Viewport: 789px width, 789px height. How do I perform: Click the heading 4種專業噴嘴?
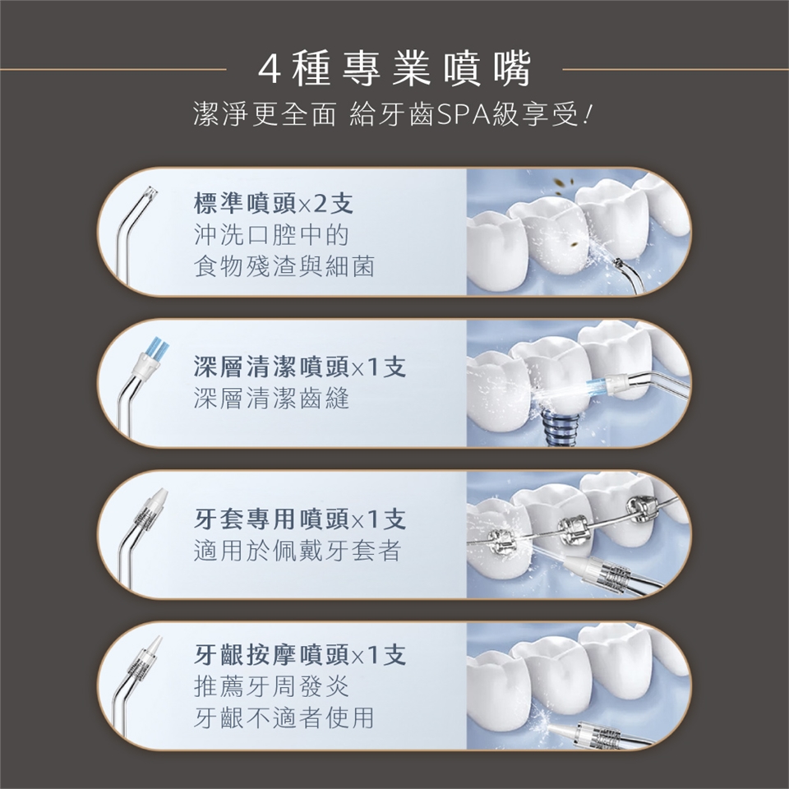coord(394,69)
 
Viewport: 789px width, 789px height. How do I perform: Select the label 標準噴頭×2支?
coord(273,204)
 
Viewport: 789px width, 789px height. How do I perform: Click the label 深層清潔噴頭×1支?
coord(300,367)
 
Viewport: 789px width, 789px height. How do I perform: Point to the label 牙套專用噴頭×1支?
coord(300,519)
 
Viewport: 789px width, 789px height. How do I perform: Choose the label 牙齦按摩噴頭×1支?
coord(300,655)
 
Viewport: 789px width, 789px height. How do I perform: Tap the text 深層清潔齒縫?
coord(271,399)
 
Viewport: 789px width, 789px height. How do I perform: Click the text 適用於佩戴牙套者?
coord(298,551)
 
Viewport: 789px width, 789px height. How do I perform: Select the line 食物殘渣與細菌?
coord(284,266)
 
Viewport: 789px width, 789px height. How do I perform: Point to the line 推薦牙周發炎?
coord(271,686)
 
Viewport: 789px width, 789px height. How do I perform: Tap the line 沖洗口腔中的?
coord(271,235)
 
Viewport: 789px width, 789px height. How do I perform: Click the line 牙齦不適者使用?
coord(284,717)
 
